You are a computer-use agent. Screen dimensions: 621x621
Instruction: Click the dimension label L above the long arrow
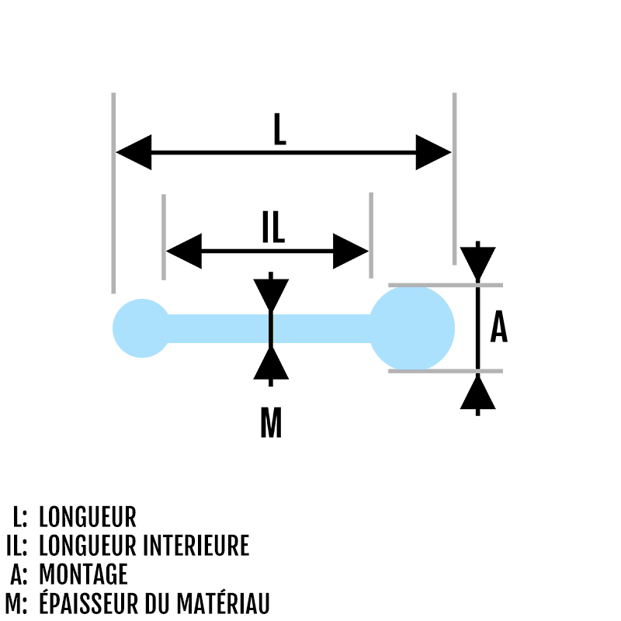(279, 130)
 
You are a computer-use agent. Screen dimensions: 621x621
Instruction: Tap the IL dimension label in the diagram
(273, 226)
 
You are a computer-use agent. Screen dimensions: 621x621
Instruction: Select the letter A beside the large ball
(498, 328)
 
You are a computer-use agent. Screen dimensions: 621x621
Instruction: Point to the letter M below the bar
(270, 423)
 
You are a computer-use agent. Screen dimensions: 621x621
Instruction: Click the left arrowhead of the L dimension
(134, 152)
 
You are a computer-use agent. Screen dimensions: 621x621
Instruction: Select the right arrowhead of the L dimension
(432, 152)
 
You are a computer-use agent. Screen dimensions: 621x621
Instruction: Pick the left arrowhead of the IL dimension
(184, 251)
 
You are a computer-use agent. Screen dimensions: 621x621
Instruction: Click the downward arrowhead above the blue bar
(270, 294)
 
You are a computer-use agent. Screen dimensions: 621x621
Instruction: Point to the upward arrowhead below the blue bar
(270, 363)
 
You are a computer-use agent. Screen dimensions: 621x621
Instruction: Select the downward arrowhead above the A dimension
(477, 263)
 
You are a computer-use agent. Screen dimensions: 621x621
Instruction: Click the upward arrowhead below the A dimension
(477, 393)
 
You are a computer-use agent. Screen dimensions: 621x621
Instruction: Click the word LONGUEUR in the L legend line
(87, 517)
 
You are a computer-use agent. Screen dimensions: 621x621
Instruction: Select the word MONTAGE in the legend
(82, 574)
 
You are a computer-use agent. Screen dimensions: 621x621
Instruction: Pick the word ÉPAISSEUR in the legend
(90, 602)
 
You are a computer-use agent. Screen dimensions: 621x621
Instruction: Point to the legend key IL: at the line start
(16, 546)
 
